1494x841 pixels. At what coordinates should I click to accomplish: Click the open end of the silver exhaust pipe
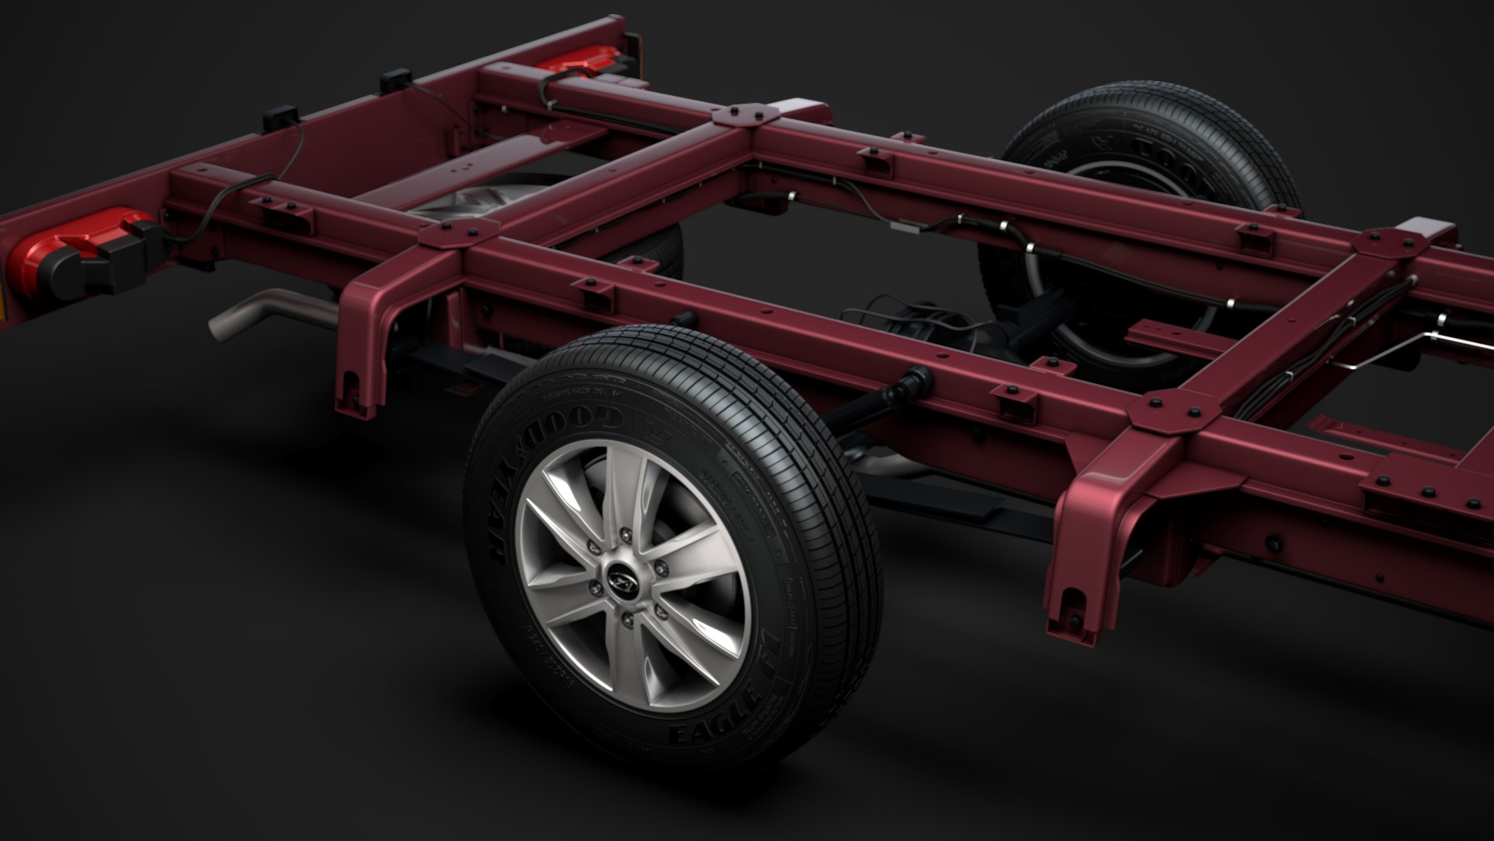pyautogui.click(x=220, y=325)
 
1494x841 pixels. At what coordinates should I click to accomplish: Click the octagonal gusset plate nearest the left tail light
pyautogui.click(x=459, y=231)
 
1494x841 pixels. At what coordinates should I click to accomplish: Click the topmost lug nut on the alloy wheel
pyautogui.click(x=626, y=533)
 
